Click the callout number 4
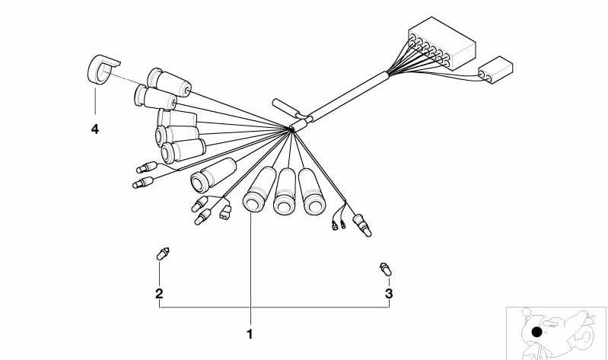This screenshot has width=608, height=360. tap(95, 129)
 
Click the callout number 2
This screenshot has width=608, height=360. tap(159, 294)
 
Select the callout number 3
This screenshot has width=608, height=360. tap(389, 294)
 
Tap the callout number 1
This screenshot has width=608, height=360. tap(250, 334)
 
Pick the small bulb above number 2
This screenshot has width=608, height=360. tap(163, 253)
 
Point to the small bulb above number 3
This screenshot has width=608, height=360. tap(386, 269)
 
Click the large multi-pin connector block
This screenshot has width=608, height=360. tap(441, 43)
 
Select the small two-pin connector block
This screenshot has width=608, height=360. tap(495, 70)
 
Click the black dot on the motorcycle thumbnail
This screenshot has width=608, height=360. tap(536, 332)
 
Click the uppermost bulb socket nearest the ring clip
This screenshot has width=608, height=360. tap(169, 82)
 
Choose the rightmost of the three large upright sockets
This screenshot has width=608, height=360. tap(311, 192)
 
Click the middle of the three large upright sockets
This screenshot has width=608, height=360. tap(285, 191)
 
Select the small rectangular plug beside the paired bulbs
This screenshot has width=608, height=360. tap(225, 212)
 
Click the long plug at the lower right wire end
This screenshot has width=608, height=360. tap(361, 225)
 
